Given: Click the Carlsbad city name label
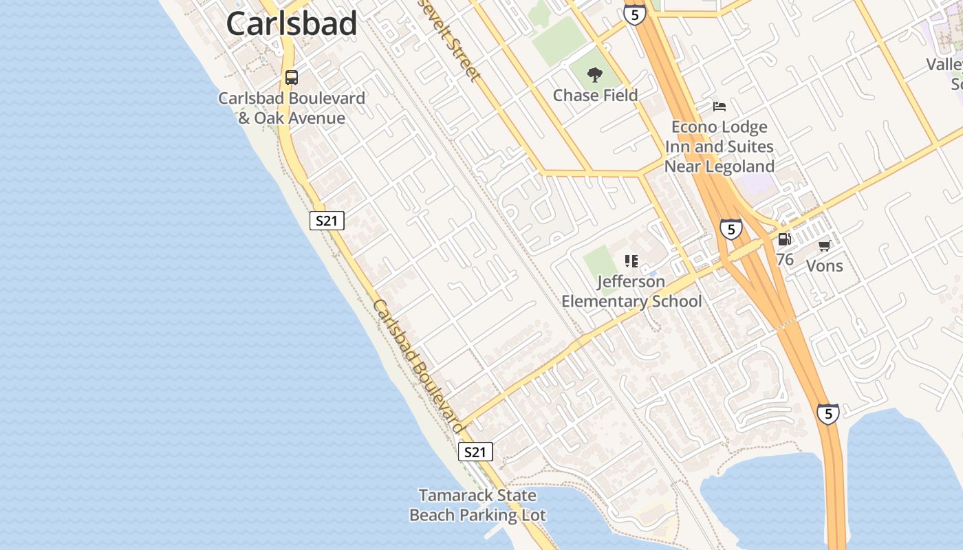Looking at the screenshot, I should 292,24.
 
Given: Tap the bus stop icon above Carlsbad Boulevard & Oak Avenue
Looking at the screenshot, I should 292,77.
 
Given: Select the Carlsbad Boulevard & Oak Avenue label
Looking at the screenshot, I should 292,108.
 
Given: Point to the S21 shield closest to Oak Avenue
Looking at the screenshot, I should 326,221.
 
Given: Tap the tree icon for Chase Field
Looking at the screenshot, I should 595,75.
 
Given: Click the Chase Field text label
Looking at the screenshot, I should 595,96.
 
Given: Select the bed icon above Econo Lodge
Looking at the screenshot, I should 719,107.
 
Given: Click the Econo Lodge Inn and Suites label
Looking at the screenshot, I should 719,146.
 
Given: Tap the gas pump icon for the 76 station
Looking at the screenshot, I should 784,239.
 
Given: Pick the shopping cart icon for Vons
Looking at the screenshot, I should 824,245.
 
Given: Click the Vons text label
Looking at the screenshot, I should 824,265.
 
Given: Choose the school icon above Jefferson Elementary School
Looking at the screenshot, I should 631,261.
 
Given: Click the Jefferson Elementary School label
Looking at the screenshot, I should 631,291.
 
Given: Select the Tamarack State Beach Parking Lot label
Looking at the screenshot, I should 477,505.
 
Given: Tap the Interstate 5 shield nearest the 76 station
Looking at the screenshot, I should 731,229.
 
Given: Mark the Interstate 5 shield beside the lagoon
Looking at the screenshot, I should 828,413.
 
